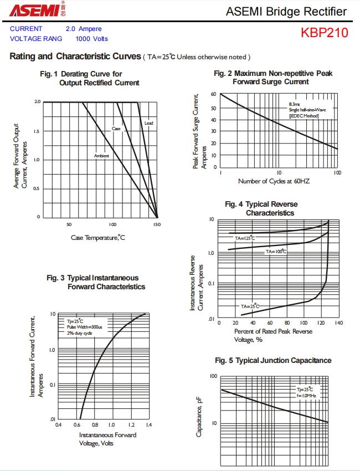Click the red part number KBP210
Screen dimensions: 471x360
click(325, 33)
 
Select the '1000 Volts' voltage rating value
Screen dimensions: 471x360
click(92, 39)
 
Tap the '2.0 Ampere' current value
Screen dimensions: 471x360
click(84, 29)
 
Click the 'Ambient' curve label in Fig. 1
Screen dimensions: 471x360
click(101, 156)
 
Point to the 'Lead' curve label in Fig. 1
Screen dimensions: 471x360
click(149, 122)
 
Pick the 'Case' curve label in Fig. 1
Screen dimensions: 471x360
click(116, 129)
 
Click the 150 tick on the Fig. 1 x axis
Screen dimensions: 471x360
click(157, 224)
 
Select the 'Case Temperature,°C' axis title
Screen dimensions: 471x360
click(98, 238)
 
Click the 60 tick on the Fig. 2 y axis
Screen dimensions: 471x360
click(214, 94)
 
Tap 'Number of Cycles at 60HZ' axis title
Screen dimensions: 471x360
click(274, 181)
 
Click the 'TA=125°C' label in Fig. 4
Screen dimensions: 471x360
click(245, 238)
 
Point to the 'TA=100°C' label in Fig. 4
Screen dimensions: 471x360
click(276, 252)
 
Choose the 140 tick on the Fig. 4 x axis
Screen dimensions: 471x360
click(338, 322)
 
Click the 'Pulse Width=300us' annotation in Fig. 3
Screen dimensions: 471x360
click(81, 327)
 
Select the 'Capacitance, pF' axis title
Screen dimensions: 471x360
click(199, 417)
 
